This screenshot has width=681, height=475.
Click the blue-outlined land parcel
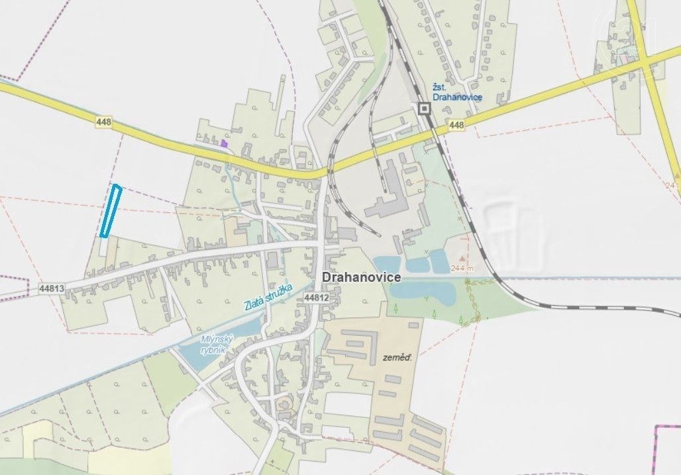(111, 211)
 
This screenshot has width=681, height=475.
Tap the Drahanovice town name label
(361, 277)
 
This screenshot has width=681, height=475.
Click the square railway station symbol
(424, 108)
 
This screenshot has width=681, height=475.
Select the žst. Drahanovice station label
(457, 92)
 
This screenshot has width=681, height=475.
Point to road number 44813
(52, 289)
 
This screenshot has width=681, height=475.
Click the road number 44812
(317, 299)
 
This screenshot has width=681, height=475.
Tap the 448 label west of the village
(103, 122)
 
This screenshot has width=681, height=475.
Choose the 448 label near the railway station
(456, 125)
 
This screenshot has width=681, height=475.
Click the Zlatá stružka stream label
(268, 297)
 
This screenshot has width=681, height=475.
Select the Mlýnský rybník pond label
(214, 344)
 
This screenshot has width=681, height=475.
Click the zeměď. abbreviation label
(397, 358)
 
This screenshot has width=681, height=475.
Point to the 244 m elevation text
(463, 268)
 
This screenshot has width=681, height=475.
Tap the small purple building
(225, 142)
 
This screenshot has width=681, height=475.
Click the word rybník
(214, 349)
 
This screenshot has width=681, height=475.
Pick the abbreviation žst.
(440, 86)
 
